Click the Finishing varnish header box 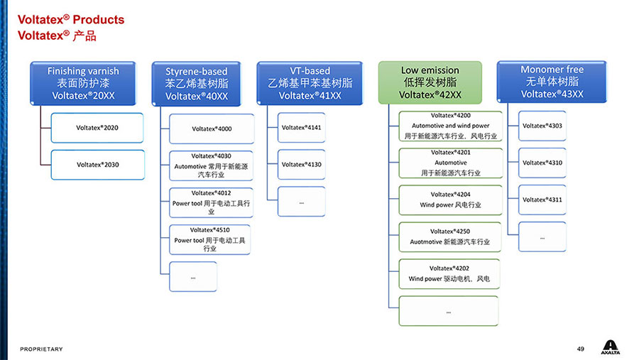tap(83, 83)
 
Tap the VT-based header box tap(310, 83)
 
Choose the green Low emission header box tap(430, 82)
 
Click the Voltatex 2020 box tap(97, 128)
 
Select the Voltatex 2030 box tap(97, 165)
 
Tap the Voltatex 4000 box tap(212, 129)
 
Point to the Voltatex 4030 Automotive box tap(211, 165)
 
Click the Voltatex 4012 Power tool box tap(211, 202)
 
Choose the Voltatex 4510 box tap(210, 239)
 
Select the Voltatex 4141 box tap(301, 128)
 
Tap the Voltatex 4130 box tap(301, 165)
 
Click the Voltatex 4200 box tap(450, 126)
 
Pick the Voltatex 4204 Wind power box tap(450, 200)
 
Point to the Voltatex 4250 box tap(450, 236)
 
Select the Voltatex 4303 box tap(542, 126)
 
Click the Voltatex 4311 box tap(542, 200)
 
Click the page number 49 tap(580, 349)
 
